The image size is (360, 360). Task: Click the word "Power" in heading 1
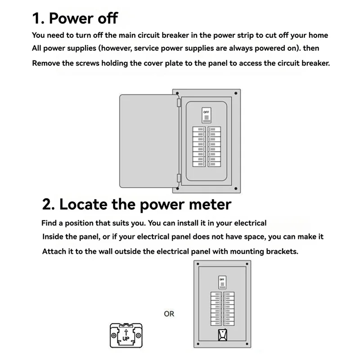(74, 18)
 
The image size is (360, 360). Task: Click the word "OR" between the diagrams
(169, 314)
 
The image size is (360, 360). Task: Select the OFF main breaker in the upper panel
(207, 116)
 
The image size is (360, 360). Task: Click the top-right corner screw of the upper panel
(236, 94)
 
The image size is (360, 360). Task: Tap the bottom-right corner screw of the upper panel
(236, 189)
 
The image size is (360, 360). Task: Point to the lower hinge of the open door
(179, 179)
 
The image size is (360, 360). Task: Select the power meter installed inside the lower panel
(222, 336)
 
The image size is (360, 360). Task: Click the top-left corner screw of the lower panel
(199, 264)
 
